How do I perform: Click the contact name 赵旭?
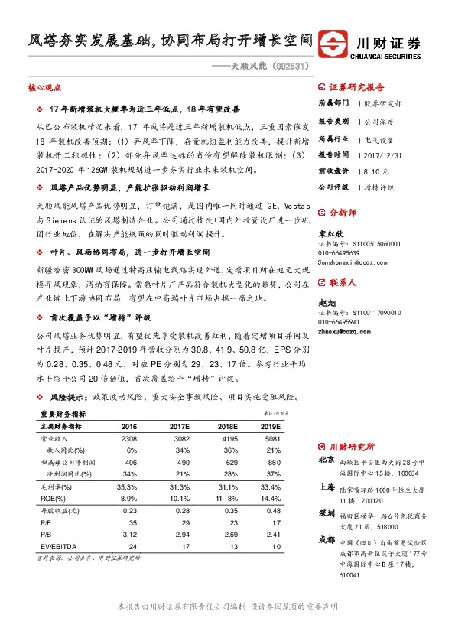(x=326, y=304)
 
